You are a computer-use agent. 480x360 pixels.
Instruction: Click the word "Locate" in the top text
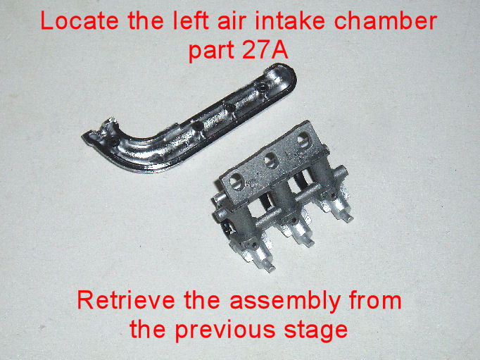point(80,21)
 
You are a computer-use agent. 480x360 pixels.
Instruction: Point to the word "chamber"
point(386,21)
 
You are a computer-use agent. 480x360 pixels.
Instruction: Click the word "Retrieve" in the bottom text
point(126,300)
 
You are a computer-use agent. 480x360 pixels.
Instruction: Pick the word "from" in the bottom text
point(375,300)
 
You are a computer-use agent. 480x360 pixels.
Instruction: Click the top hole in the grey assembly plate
point(304,140)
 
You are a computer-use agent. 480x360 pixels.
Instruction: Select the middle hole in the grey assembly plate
point(271,161)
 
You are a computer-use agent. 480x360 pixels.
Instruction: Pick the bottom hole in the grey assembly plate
point(237,181)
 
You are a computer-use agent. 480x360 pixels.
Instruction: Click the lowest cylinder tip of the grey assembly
point(270,268)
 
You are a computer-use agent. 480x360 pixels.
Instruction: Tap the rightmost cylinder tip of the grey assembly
point(348,218)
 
